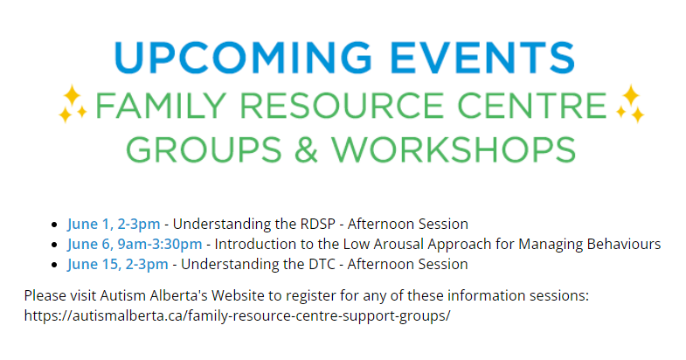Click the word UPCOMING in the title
(x=243, y=58)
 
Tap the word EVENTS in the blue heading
(x=482, y=58)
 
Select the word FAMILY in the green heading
(x=160, y=106)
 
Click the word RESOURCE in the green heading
(x=342, y=106)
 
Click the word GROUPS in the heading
(x=204, y=149)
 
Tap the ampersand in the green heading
(x=306, y=149)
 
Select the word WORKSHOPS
(x=454, y=149)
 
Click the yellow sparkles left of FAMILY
(x=73, y=104)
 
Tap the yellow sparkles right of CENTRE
(x=630, y=104)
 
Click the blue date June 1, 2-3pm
(x=114, y=224)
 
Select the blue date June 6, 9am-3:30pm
(x=135, y=244)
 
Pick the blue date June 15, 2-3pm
(x=118, y=264)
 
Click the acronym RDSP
(x=317, y=224)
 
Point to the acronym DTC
(x=322, y=264)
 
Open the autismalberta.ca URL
(x=237, y=315)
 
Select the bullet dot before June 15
(x=54, y=265)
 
